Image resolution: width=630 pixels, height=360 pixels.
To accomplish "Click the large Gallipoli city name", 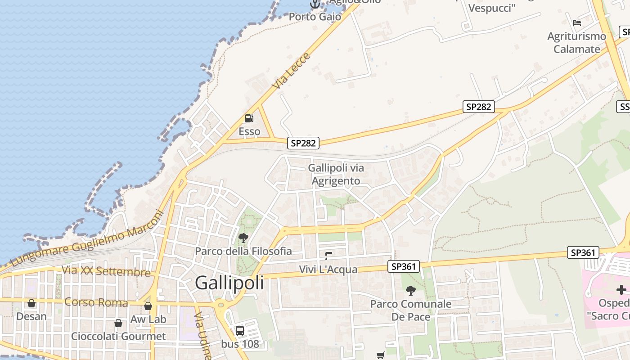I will tap(229, 283).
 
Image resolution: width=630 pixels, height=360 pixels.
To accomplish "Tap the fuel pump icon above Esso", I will tap(249, 118).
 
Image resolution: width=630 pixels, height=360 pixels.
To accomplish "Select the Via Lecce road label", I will tap(291, 71).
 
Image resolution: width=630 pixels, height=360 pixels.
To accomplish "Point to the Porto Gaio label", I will tap(315, 17).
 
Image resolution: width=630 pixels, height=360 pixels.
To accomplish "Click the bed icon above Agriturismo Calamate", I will tap(577, 22).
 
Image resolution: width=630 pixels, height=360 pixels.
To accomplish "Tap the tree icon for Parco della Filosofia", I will tap(243, 238).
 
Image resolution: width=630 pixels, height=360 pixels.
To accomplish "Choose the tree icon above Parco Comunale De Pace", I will tap(410, 291).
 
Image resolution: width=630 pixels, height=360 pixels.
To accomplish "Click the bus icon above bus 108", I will tap(240, 331).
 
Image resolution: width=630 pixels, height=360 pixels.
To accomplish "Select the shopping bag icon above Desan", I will tap(31, 303).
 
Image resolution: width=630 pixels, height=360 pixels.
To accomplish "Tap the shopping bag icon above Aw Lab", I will tap(148, 306).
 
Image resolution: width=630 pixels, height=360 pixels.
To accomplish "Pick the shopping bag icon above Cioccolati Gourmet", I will tap(118, 323).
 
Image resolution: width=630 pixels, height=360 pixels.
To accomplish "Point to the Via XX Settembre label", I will tap(106, 271).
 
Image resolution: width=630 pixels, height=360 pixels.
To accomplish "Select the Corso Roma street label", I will tap(96, 302).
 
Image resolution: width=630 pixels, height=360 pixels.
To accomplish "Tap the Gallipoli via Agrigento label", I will tap(336, 174).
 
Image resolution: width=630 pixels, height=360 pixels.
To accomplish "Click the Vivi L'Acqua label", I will tap(328, 270).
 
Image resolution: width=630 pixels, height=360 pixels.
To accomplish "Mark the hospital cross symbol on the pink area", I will tap(621, 290).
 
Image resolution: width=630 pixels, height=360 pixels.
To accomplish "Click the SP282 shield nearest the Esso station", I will tap(303, 143).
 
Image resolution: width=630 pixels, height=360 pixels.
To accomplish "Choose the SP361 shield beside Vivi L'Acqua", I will tap(404, 266).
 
